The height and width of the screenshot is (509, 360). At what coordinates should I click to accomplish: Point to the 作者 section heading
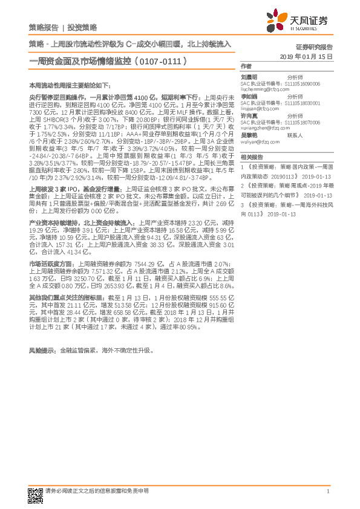[x=246, y=66]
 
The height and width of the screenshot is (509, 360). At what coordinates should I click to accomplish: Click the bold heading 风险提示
[x=43, y=351]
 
